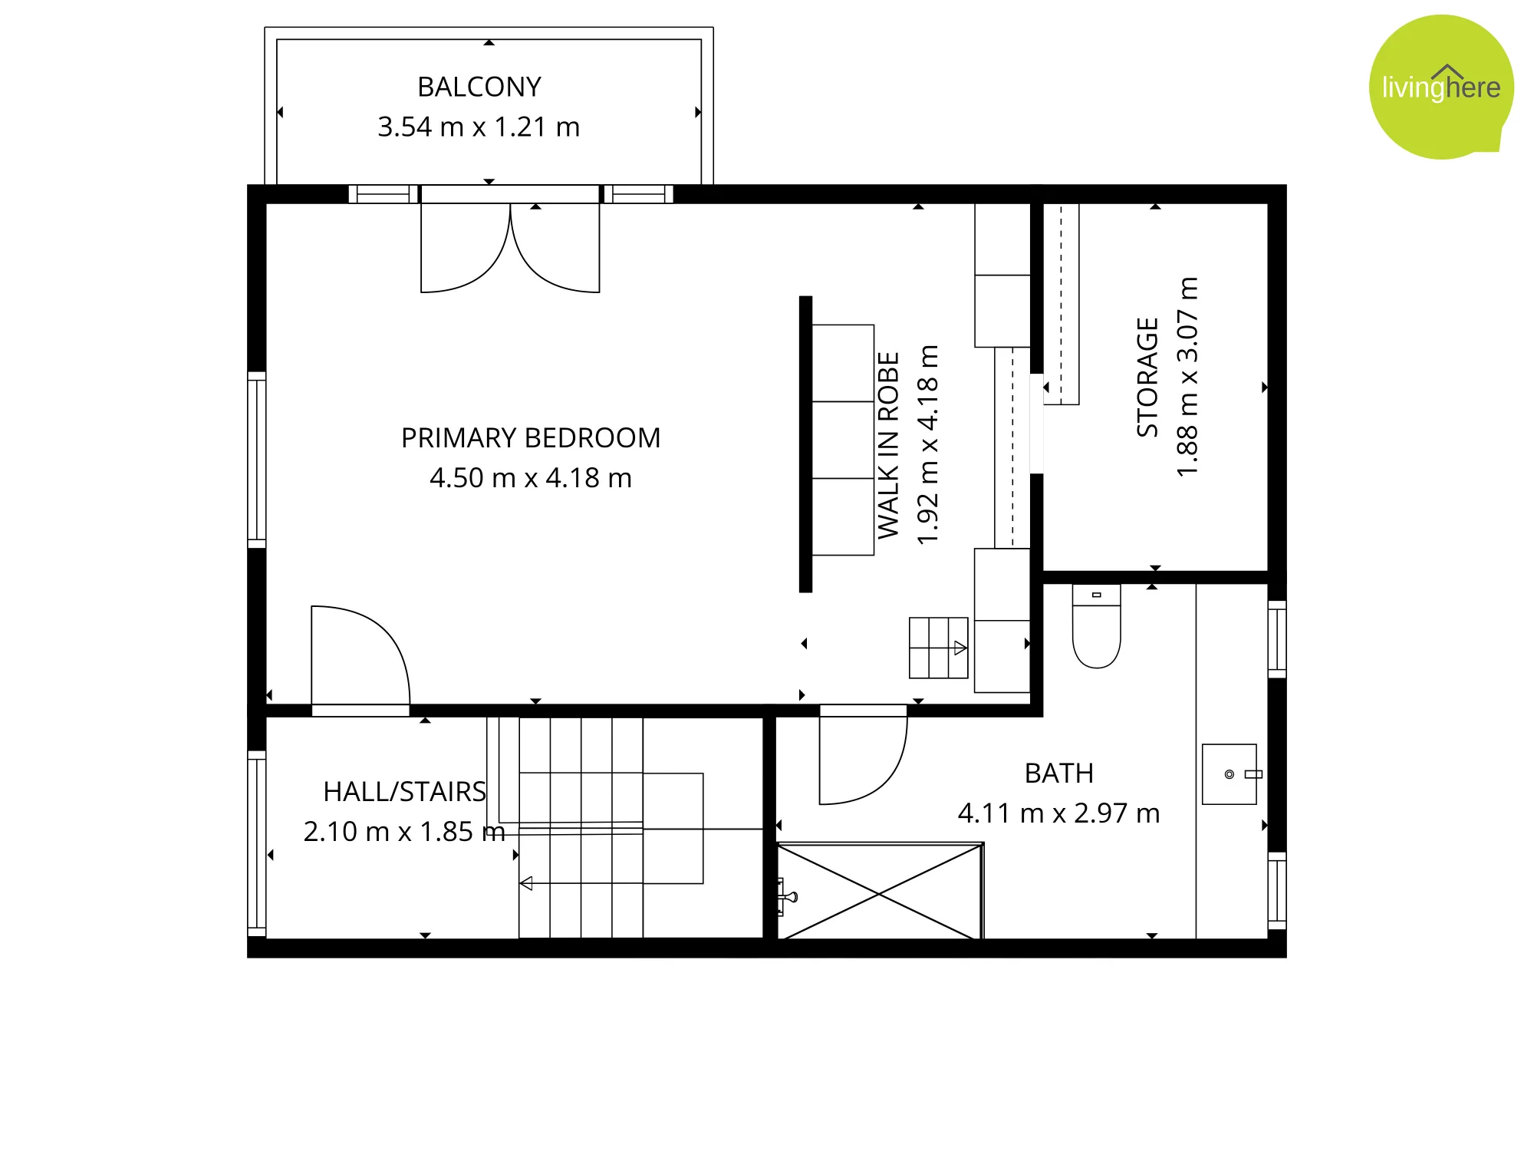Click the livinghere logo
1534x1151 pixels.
click(x=1441, y=87)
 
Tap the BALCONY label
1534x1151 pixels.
click(x=479, y=87)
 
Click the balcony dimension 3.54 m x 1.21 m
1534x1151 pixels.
click(x=479, y=127)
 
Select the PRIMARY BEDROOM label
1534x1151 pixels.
click(x=531, y=438)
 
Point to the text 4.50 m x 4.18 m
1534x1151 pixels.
click(x=531, y=478)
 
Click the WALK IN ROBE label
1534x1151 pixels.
click(x=888, y=445)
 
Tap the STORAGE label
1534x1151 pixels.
click(x=1147, y=377)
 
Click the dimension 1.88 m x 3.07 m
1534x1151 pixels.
click(x=1187, y=377)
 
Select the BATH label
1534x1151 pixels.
click(x=1059, y=773)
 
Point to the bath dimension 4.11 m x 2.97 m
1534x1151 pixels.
click(x=1059, y=813)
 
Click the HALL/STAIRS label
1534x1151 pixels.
click(x=405, y=792)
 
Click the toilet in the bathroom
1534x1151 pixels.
click(x=1097, y=626)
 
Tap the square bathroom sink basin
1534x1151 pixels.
click(x=1230, y=774)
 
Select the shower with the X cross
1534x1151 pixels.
click(x=880, y=892)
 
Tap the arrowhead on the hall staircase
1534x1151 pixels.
click(x=526, y=883)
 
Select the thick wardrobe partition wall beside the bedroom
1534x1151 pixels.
click(x=805, y=444)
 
